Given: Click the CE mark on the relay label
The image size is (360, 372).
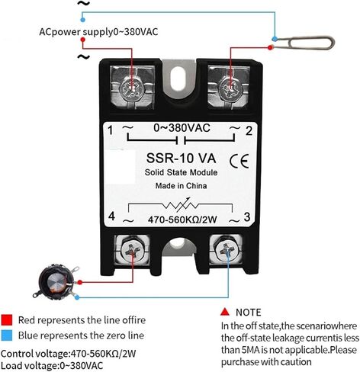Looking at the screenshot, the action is coord(239,161).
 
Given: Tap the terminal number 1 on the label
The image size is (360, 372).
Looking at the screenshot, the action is coord(110,130).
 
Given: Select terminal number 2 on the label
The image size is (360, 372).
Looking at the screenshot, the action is coord(249,131).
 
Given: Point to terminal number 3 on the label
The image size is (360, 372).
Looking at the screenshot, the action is coord(247,217).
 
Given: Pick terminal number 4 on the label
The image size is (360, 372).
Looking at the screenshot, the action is coord(111,216).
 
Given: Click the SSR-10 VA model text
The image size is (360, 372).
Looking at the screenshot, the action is coord(181,158).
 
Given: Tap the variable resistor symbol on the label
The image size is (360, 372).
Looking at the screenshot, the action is coord(181,205).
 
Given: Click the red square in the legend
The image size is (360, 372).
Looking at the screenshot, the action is coord(7,320).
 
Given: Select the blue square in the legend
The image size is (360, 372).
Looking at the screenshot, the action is coord(7,335).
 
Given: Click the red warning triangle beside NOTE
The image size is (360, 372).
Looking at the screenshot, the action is coord(225,312).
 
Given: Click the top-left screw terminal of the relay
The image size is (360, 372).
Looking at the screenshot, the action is coord(132,88).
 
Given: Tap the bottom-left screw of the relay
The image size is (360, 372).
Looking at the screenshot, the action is coord(132,250).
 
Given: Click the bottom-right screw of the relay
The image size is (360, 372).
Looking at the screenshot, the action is coord(227,250).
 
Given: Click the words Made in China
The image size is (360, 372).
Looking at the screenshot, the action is coord(181,186).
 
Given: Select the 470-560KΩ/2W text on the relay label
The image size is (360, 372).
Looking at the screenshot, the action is coord(182,220).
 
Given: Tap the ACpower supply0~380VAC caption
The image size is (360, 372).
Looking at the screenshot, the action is coord(98,32).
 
